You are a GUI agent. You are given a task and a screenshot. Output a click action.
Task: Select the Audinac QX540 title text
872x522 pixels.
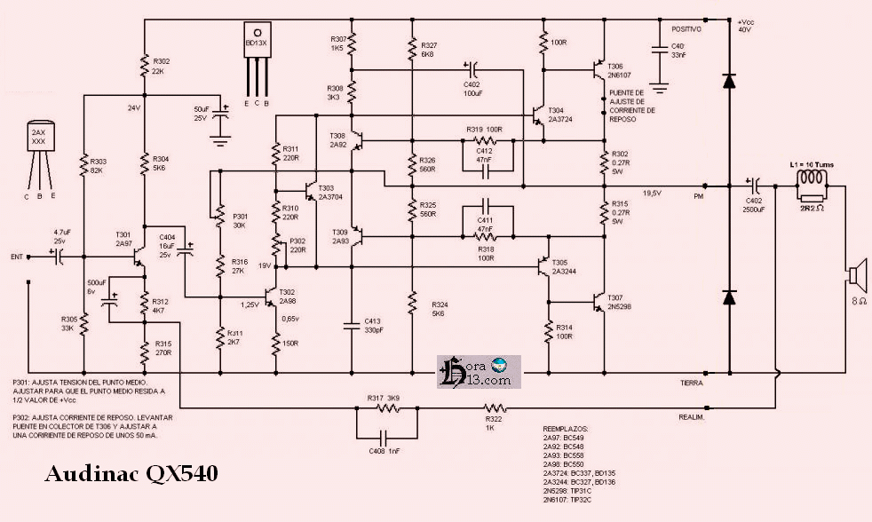[131, 475]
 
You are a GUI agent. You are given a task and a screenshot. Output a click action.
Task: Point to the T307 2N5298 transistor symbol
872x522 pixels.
[599, 300]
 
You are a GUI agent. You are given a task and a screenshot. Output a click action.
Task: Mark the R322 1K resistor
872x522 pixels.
[494, 409]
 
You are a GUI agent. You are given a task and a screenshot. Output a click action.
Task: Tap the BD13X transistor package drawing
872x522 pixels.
[257, 53]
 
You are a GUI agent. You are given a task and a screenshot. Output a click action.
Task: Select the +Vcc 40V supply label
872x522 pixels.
[743, 24]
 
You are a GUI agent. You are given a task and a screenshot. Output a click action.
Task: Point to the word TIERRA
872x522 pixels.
[693, 383]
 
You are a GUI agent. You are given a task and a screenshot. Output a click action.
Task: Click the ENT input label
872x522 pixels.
[16, 257]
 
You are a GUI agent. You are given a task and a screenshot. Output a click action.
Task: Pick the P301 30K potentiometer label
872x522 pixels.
[241, 219]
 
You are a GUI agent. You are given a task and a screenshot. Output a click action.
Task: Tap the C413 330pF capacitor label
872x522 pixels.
[373, 324]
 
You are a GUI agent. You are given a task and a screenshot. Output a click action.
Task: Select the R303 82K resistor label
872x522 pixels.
[99, 164]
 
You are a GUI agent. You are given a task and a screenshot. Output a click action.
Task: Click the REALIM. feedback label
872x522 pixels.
[692, 416]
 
